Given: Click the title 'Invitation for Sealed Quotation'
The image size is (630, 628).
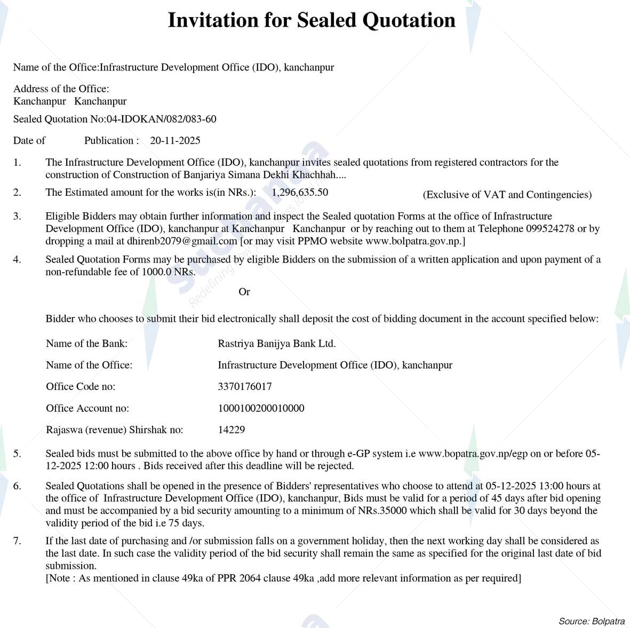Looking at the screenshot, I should (312, 20).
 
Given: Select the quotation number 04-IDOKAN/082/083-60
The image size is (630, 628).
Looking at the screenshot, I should (161, 119).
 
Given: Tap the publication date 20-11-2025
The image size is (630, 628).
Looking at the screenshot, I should (175, 140).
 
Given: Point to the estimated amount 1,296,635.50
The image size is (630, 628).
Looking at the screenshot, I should (300, 192).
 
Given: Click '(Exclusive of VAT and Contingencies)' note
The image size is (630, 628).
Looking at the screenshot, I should (507, 195).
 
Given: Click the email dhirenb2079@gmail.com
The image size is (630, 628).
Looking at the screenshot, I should (182, 241).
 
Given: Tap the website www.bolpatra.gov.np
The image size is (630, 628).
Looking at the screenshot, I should (414, 241).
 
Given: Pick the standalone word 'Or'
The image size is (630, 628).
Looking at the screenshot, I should (244, 292).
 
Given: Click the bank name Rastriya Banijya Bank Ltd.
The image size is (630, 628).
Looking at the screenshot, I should (276, 344).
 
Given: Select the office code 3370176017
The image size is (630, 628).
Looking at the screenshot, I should (244, 386).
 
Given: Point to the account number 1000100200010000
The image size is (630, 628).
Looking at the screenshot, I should (261, 408).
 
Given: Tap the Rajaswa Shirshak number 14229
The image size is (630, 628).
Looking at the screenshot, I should (232, 430).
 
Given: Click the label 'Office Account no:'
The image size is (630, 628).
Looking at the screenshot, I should (87, 408).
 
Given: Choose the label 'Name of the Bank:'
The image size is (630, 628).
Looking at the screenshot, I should (87, 344).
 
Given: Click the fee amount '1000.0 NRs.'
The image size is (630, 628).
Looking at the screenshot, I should (169, 272).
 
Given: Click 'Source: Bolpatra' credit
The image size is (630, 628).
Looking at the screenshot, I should (592, 621).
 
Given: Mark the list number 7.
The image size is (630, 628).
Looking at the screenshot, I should (18, 541).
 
